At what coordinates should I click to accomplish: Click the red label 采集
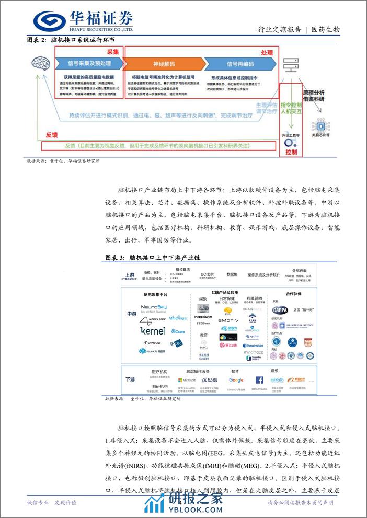[x=113, y=52]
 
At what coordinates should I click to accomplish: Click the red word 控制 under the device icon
[x=291, y=152]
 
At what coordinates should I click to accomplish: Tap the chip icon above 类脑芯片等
[x=318, y=125]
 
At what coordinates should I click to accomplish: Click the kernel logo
[x=153, y=331]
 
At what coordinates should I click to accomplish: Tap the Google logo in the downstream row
[x=236, y=380]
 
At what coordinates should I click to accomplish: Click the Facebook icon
[x=260, y=380]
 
